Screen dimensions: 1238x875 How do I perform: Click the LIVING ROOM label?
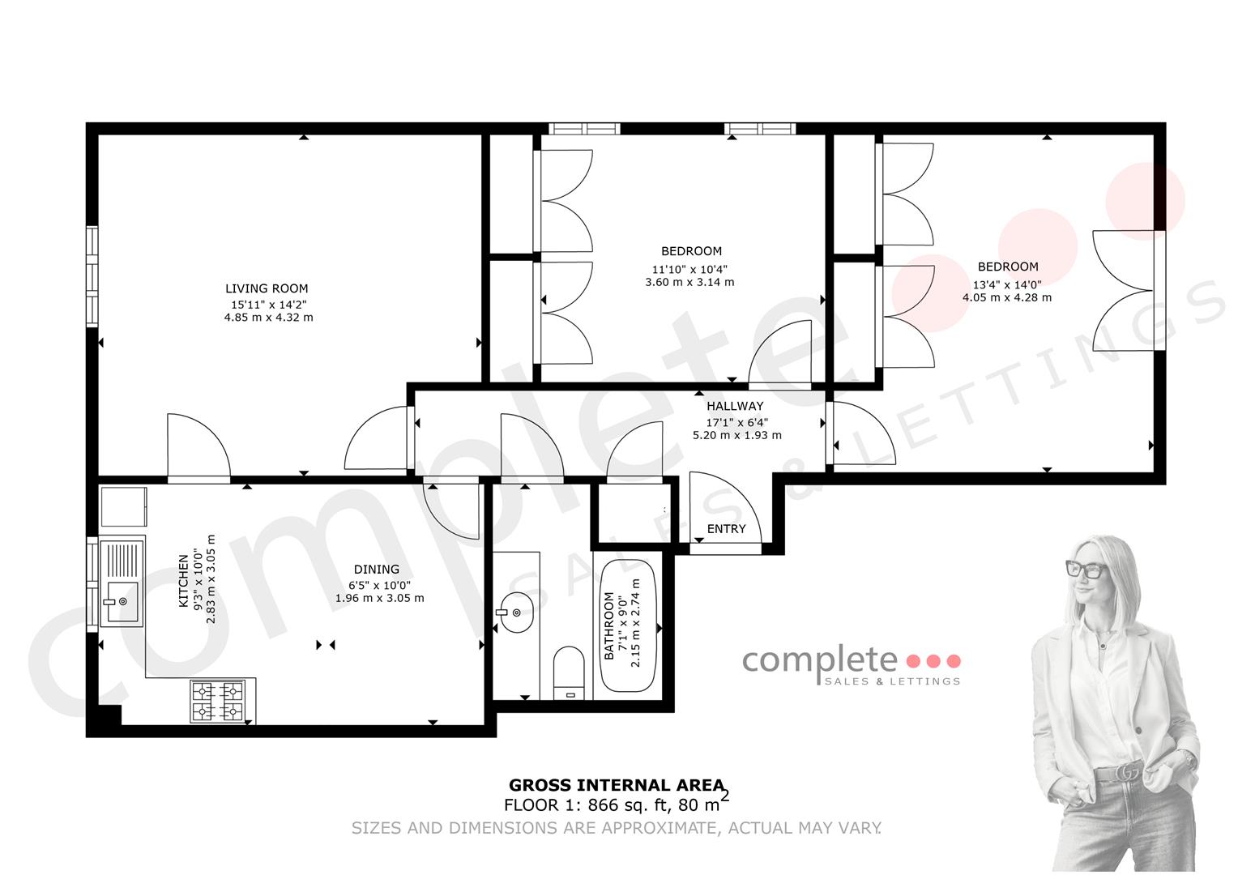(267, 288)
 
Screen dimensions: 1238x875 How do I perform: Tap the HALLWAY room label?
(735, 406)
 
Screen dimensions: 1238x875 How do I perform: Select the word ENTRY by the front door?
(726, 529)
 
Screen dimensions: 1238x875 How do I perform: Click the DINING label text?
(377, 570)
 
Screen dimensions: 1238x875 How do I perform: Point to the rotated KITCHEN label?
(183, 581)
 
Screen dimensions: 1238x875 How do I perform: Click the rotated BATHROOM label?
(609, 625)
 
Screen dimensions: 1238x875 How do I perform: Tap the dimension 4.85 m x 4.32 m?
(269, 318)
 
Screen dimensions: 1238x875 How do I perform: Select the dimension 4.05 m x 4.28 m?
(1007, 297)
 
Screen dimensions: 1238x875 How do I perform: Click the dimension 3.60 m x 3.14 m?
(689, 282)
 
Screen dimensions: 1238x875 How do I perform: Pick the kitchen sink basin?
(122, 602)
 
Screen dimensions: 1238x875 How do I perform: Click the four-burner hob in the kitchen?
(218, 701)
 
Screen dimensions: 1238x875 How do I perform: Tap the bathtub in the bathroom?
(629, 625)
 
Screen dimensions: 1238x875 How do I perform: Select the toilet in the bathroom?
(569, 673)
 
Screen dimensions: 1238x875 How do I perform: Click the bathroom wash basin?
(516, 612)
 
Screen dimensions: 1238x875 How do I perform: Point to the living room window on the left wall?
(92, 276)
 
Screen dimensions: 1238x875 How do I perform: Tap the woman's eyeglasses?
(1086, 570)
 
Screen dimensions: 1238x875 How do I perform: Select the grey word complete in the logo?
(820, 661)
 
